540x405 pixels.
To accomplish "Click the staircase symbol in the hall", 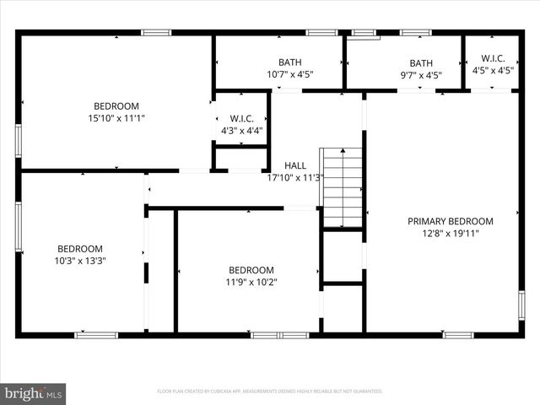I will click(x=342, y=187).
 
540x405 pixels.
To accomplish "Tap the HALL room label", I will click(x=295, y=165).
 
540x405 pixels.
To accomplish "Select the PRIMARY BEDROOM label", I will click(x=451, y=221).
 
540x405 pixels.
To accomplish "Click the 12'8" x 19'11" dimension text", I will click(x=451, y=234).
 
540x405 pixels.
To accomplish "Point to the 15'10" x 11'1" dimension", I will click(x=116, y=118).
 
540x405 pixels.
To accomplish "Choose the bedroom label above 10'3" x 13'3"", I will click(x=80, y=249).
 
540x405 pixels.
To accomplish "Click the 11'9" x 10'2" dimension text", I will click(x=251, y=282).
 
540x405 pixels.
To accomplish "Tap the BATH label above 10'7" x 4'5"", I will click(x=289, y=62).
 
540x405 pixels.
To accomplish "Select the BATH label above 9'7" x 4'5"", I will click(x=420, y=62).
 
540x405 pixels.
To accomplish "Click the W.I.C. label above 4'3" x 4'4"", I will click(x=241, y=119).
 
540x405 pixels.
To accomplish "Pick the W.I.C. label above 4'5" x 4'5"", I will click(x=493, y=58).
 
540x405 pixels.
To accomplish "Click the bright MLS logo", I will click(x=34, y=392).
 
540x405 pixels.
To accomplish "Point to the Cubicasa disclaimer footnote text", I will click(x=270, y=391).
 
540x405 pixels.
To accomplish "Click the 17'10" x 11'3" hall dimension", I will click(x=295, y=177).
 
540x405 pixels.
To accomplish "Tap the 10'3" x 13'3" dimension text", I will click(x=80, y=261).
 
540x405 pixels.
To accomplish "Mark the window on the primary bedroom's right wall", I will click(x=521, y=305).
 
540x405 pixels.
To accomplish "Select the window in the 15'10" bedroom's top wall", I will click(x=156, y=33).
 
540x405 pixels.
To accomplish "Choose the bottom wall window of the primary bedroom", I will click(x=458, y=335).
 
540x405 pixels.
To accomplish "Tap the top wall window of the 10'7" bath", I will click(x=321, y=33).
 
